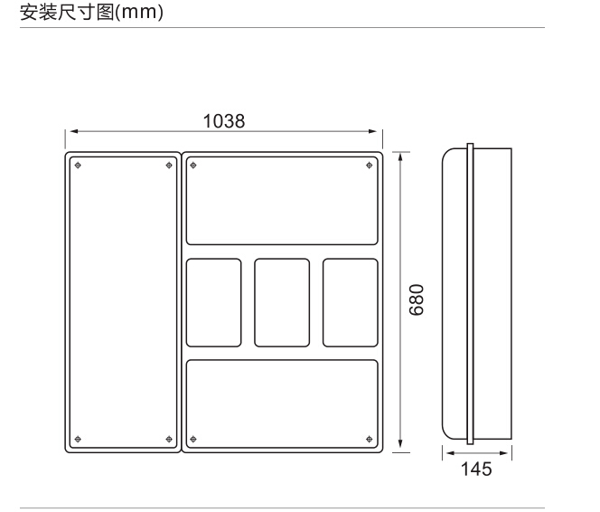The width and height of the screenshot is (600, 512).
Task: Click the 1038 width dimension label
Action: (x=224, y=121)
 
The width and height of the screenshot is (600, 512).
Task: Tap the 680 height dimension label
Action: (x=417, y=299)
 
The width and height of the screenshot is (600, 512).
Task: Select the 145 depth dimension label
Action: (x=476, y=469)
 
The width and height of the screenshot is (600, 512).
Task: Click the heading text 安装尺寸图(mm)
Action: (x=92, y=12)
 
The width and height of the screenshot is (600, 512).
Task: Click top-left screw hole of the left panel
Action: (x=78, y=166)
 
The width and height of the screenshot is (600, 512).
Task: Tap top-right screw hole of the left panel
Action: (x=169, y=166)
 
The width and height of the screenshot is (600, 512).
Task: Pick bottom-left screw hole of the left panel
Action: (x=78, y=440)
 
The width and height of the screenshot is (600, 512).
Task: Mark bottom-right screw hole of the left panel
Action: (x=169, y=440)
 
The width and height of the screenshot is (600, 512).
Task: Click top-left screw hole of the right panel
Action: (x=193, y=166)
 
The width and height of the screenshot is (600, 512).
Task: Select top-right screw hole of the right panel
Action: (x=370, y=166)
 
